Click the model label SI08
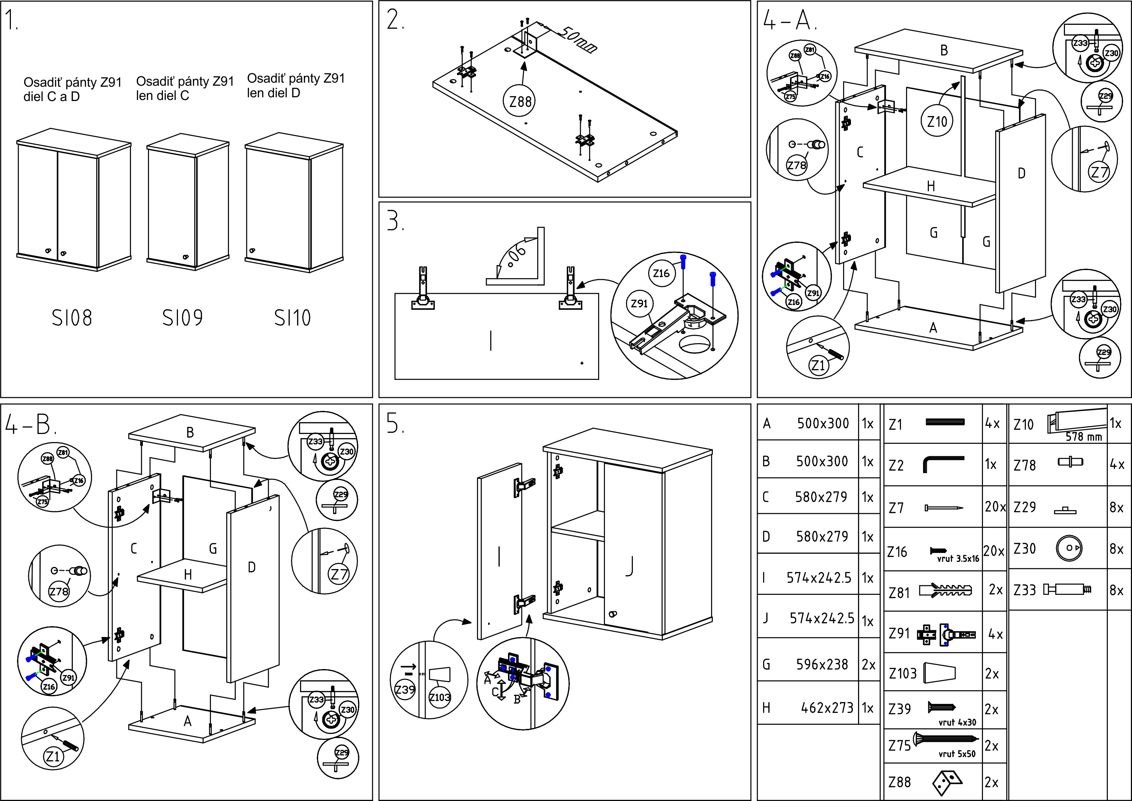click(x=72, y=318)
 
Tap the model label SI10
click(x=292, y=318)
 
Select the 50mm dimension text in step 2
click(x=577, y=38)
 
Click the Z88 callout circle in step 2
click(x=520, y=102)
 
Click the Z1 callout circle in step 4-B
click(x=53, y=756)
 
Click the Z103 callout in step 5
click(x=439, y=697)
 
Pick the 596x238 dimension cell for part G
click(x=822, y=664)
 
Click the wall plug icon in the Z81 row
click(x=945, y=590)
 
